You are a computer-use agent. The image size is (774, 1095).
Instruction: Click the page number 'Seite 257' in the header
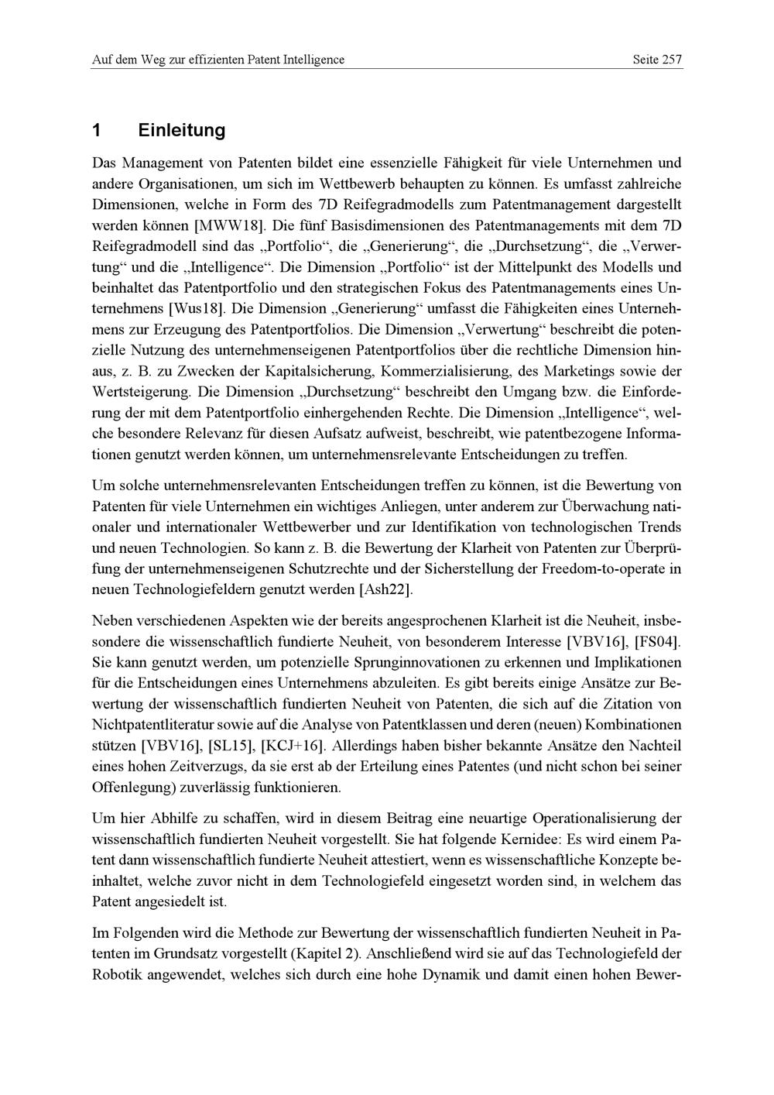click(x=657, y=60)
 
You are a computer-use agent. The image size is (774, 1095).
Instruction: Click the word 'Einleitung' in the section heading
click(x=182, y=130)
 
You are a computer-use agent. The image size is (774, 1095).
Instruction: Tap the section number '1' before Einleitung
click(x=96, y=130)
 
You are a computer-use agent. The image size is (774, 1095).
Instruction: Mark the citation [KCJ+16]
click(x=294, y=746)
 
